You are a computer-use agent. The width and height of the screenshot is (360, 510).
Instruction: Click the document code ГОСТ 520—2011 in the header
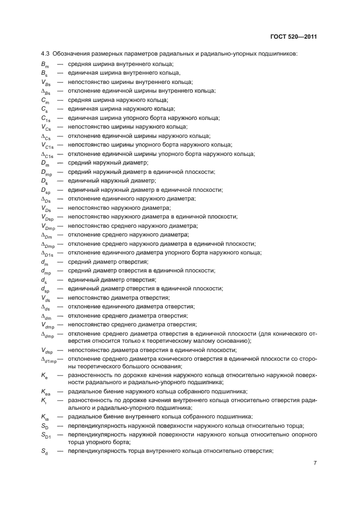pos(295,37)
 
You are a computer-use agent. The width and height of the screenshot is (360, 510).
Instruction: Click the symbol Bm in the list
pos(45,64)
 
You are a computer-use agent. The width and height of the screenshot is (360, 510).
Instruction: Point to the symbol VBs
pos(46,82)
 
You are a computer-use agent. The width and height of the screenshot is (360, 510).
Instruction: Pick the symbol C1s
pos(46,118)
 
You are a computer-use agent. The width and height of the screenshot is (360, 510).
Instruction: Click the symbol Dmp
pos(47,172)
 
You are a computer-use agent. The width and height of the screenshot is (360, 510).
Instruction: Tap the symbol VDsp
pos(47,217)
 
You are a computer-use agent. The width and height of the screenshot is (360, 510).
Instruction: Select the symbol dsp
pos(46,289)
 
